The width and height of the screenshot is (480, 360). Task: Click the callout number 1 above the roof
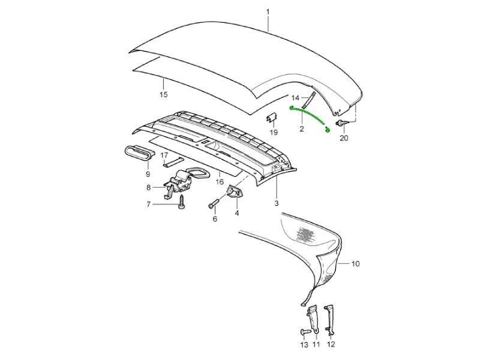[x=268, y=12]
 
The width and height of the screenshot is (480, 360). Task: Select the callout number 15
[x=164, y=94]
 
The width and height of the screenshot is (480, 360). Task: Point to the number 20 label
[x=344, y=138]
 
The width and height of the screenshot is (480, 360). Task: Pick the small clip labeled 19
[x=272, y=118]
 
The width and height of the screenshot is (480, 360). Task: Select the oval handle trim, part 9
[x=140, y=152]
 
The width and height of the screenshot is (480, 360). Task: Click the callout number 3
[x=277, y=203]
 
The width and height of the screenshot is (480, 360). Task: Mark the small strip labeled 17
[x=173, y=162]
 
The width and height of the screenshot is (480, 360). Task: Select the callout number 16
[x=220, y=182]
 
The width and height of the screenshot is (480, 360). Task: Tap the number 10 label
[x=355, y=263]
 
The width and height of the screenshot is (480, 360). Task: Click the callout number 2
[x=302, y=129]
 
